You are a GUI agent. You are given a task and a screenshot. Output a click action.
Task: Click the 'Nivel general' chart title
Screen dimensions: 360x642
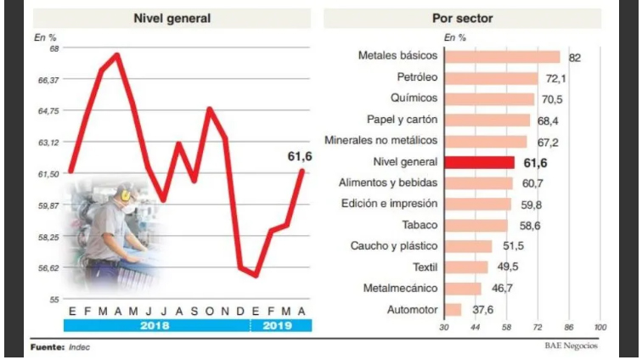(x=172, y=18)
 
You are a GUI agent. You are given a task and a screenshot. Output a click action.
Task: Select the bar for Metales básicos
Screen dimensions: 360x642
(x=502, y=57)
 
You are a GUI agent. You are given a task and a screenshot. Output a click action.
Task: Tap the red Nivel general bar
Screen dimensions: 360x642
(x=479, y=162)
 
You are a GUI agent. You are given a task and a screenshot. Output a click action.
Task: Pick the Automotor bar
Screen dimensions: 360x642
(x=453, y=310)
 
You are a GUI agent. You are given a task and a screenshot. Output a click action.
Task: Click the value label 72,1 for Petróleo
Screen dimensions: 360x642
(x=555, y=78)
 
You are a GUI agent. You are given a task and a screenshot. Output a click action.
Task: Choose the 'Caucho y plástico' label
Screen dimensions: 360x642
(x=394, y=246)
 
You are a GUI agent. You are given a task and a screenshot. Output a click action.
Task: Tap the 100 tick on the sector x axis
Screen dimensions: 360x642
(x=600, y=327)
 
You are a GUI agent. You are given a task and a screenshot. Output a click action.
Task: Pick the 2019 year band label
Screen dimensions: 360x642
(x=277, y=325)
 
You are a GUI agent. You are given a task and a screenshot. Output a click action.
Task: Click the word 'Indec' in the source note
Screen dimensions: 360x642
(x=81, y=347)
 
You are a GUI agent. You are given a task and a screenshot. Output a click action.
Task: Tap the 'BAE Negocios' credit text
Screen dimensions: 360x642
(x=571, y=346)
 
